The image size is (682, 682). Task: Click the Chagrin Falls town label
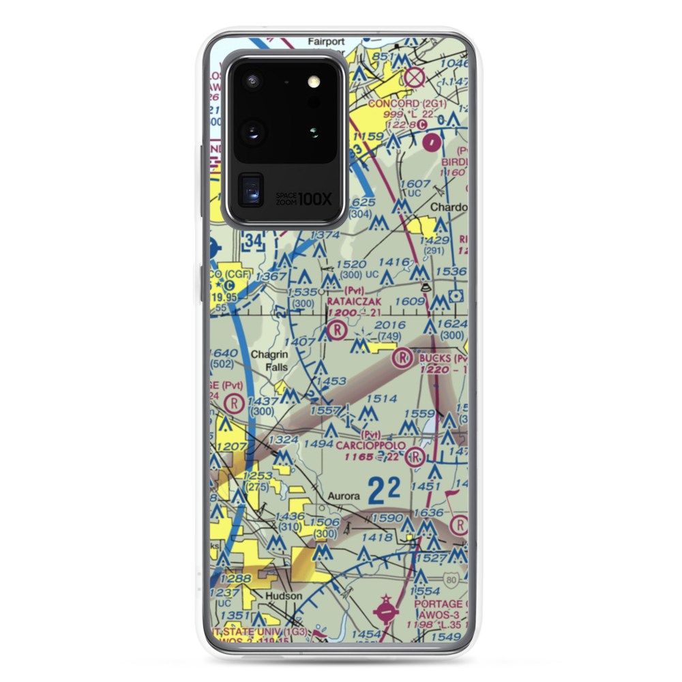[269, 361]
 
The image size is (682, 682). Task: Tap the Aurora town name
[342, 496]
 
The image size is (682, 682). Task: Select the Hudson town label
[283, 595]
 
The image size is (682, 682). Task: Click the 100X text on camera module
[316, 199]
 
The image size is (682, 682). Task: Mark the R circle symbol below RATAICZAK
[336, 331]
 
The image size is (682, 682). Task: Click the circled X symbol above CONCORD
[413, 78]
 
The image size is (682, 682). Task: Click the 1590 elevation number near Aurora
[385, 519]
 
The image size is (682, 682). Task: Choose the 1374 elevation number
[324, 235]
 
